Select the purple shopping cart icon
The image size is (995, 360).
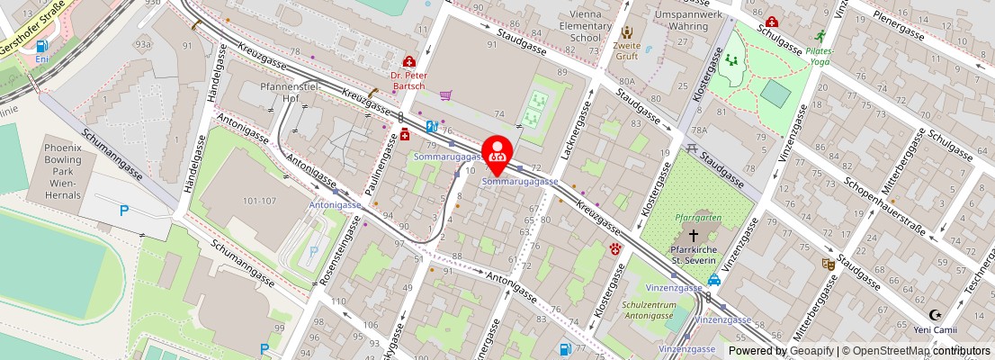(445, 95)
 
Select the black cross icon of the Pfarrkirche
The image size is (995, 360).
(693, 233)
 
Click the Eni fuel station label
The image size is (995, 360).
(41, 58)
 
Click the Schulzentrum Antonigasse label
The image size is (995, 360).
(648, 310)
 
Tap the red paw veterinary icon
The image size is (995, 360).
(615, 248)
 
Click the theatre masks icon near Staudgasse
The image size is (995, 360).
(828, 264)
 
